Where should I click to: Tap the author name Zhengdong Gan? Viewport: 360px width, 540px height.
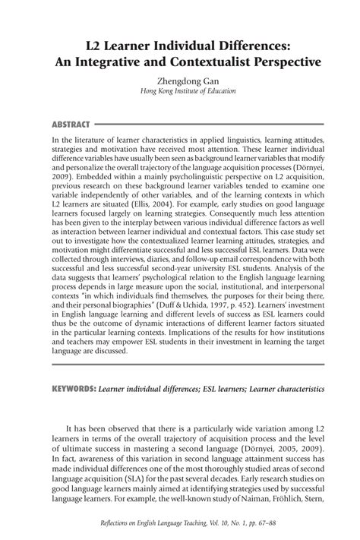point(180,78)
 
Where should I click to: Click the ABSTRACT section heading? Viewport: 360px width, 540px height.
point(70,124)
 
